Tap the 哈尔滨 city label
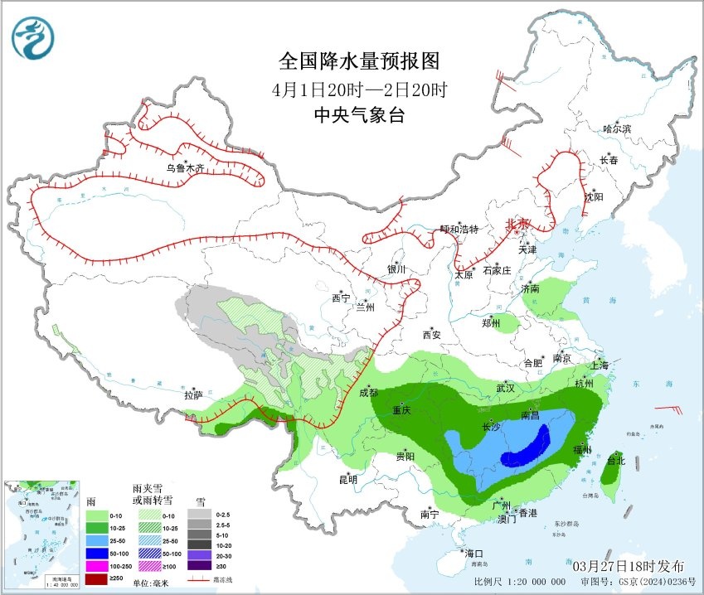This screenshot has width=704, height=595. (x=617, y=128)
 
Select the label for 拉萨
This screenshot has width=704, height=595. (x=193, y=395)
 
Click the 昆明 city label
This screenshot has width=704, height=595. (x=347, y=479)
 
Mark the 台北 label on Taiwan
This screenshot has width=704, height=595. (x=614, y=460)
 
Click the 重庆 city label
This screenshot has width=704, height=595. (x=402, y=410)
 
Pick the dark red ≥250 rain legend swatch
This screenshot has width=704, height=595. (x=96, y=578)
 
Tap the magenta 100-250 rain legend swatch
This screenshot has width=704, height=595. (x=96, y=564)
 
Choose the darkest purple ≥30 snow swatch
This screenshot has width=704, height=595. (x=198, y=564)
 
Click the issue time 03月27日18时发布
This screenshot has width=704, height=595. (x=629, y=565)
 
